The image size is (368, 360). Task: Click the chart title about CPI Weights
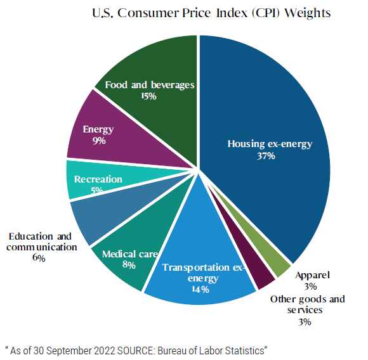(207, 13)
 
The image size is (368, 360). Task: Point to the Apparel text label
(313, 276)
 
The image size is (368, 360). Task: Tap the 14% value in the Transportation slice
(198, 290)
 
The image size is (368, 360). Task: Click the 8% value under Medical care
(129, 266)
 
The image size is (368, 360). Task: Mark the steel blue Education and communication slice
(95, 219)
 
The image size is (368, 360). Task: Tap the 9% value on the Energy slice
(98, 141)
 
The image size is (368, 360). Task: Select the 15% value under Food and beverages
(149, 96)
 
